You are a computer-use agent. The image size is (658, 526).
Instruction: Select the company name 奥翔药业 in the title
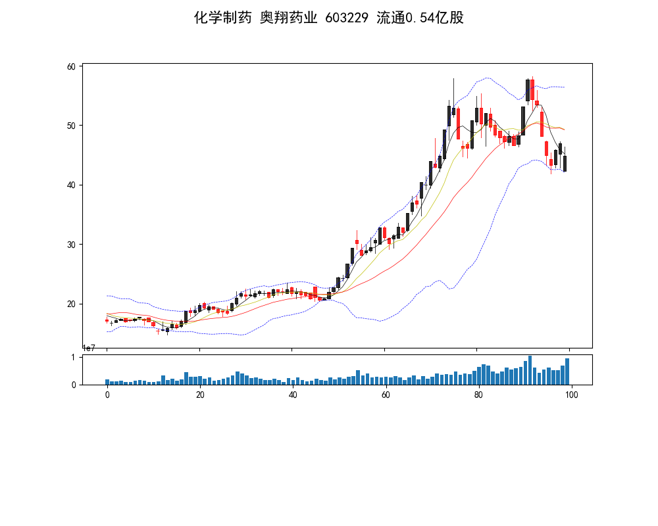(x=288, y=18)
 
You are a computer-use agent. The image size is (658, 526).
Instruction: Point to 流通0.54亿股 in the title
(x=420, y=18)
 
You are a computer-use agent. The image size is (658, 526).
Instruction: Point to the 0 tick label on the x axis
(x=107, y=394)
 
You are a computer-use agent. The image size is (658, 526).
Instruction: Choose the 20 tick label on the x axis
(x=200, y=394)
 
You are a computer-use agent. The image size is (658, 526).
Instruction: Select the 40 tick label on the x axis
(x=293, y=394)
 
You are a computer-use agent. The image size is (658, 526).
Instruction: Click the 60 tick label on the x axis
(x=386, y=394)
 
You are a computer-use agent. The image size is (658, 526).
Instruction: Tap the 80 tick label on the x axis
(x=478, y=394)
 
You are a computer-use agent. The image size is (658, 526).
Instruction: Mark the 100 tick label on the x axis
(x=571, y=394)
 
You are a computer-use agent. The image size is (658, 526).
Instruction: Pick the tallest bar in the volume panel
(x=530, y=371)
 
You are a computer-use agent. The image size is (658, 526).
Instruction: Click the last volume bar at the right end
(x=567, y=372)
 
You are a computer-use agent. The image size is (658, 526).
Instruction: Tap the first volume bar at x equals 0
(x=107, y=382)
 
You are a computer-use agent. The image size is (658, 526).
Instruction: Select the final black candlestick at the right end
(x=565, y=164)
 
